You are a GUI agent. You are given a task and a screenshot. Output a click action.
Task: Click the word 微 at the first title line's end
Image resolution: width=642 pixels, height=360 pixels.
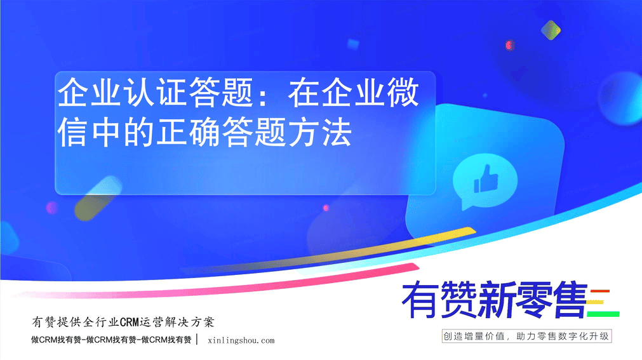coord(403,93)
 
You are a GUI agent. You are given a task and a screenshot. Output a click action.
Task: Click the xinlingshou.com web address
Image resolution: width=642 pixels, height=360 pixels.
coord(241,340)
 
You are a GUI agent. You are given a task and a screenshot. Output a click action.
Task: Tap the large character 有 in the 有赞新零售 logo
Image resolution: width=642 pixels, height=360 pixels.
coord(418,300)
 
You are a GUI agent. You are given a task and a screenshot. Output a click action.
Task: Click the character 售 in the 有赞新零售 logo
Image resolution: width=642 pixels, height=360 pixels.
coord(571,300)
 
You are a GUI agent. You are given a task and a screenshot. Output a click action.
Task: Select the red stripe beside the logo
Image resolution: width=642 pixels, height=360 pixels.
coord(600,291)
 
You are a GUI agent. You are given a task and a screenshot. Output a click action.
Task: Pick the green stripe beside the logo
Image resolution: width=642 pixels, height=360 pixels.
coord(603,314)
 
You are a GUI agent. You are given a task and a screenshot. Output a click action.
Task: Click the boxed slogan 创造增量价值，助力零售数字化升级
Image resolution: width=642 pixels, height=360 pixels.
coord(526,337)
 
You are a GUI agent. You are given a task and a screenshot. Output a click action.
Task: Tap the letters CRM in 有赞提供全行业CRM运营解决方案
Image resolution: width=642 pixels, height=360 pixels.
coord(130,323)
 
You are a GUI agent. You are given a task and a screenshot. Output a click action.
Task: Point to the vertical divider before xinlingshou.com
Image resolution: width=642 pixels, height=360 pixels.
coord(198,339)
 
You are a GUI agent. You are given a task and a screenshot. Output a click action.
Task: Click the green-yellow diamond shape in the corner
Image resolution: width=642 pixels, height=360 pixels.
coord(551,30)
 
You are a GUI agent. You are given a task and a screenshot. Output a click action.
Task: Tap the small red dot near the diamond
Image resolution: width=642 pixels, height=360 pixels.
coord(509,45)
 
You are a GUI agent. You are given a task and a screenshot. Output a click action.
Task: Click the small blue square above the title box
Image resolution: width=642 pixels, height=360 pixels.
coord(353,44)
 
